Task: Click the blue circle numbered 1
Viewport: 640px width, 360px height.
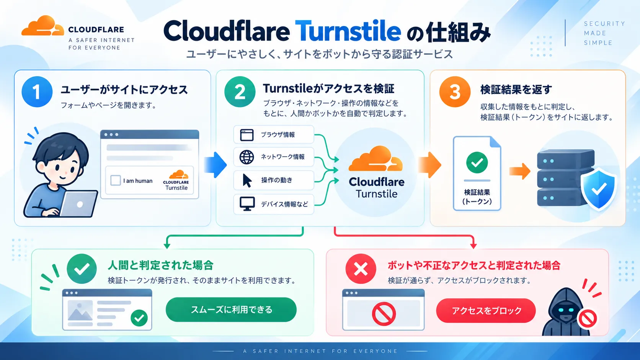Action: click(x=37, y=92)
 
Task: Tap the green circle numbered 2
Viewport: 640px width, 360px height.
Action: click(x=240, y=92)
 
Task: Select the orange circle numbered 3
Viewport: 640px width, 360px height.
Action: click(x=455, y=92)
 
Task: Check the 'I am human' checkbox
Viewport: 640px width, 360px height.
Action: click(x=116, y=181)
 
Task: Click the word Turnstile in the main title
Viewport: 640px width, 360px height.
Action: click(x=348, y=31)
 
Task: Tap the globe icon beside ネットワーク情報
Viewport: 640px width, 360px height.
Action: click(x=247, y=157)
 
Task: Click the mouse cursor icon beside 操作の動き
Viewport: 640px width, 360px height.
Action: click(x=247, y=181)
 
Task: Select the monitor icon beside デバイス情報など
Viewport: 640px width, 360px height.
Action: click(x=247, y=204)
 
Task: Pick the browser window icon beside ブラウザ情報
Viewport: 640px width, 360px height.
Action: click(x=247, y=135)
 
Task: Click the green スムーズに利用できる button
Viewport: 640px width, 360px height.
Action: click(x=231, y=310)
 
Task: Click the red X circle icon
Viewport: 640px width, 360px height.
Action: click(x=361, y=269)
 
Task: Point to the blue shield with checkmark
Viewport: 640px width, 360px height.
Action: click(x=599, y=189)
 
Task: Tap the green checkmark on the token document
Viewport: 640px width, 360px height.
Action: click(x=477, y=163)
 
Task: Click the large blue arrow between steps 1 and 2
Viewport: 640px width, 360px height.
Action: click(x=216, y=165)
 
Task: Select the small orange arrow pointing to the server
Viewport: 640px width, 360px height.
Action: click(x=520, y=171)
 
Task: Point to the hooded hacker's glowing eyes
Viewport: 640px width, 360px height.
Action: click(x=563, y=310)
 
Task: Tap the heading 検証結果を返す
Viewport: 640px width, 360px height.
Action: click(x=516, y=90)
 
